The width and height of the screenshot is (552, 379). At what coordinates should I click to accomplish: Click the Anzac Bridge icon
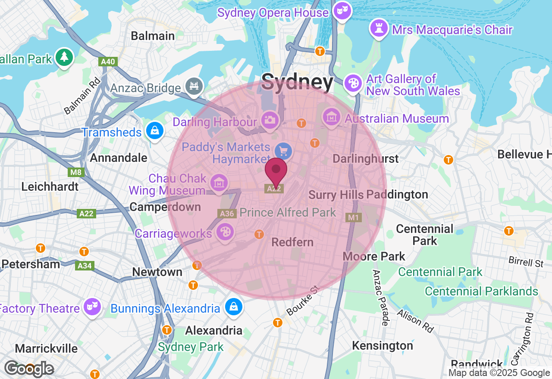[x=194, y=85]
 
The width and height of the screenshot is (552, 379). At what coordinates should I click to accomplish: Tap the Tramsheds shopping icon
[x=154, y=130]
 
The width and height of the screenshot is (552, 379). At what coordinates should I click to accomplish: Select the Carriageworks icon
[x=225, y=232]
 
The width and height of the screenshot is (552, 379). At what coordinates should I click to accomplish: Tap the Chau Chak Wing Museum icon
[x=219, y=182]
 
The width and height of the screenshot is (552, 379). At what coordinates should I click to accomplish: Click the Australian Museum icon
[x=332, y=117]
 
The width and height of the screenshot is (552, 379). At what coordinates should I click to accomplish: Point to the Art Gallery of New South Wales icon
[x=353, y=82]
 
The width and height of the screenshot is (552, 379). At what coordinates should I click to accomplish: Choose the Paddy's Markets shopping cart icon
[x=284, y=151]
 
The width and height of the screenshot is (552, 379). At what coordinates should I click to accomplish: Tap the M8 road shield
[x=76, y=173]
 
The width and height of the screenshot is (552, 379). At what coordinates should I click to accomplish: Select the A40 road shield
[x=108, y=62]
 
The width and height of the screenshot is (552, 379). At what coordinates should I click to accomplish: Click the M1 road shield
[x=353, y=217]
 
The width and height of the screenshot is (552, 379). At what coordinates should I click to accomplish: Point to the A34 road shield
[x=85, y=266]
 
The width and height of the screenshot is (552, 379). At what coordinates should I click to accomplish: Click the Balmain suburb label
[x=153, y=35]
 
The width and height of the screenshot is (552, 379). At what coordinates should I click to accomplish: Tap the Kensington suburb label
[x=383, y=345]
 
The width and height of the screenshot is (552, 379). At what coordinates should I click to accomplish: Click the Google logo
[x=29, y=369]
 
